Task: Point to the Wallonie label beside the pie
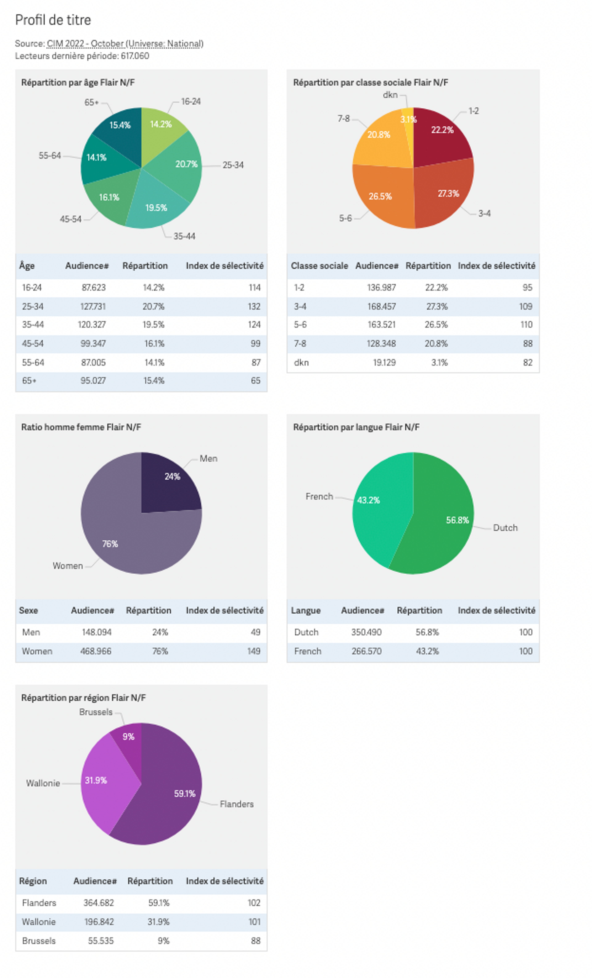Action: pyautogui.click(x=43, y=783)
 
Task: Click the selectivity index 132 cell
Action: pyautogui.click(x=254, y=306)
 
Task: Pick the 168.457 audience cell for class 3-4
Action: pyautogui.click(x=381, y=306)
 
